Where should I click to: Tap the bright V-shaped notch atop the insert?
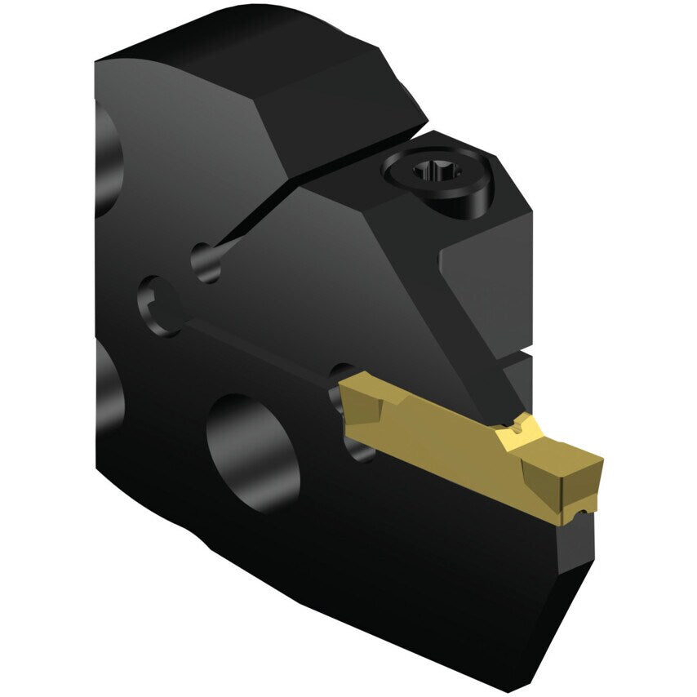tap(517, 428)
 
